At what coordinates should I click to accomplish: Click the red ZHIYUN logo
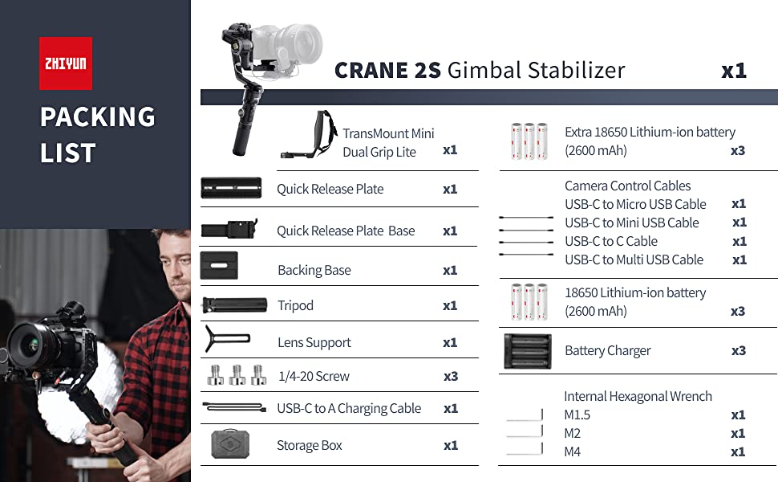[66, 63]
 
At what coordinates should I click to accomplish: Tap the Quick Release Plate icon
[231, 188]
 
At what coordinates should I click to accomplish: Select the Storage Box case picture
[230, 443]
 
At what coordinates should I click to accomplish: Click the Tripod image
[234, 305]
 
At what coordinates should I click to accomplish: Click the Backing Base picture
[219, 265]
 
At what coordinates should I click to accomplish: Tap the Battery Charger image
[528, 351]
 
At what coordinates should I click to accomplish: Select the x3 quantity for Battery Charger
[739, 351]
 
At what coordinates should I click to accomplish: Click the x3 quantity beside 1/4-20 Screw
[451, 377]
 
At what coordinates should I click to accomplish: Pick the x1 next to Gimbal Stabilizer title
[734, 71]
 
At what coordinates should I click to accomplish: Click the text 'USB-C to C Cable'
[611, 242]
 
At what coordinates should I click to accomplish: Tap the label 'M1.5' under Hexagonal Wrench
[577, 415]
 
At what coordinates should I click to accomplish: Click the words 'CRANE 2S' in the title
[387, 71]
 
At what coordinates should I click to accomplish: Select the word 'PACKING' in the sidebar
[98, 117]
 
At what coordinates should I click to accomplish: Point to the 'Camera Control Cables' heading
[628, 186]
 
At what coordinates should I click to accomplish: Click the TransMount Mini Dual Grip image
[309, 134]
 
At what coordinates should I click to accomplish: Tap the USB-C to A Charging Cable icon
[235, 407]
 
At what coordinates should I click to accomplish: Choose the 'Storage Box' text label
[310, 445]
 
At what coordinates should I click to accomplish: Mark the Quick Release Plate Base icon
[229, 229]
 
